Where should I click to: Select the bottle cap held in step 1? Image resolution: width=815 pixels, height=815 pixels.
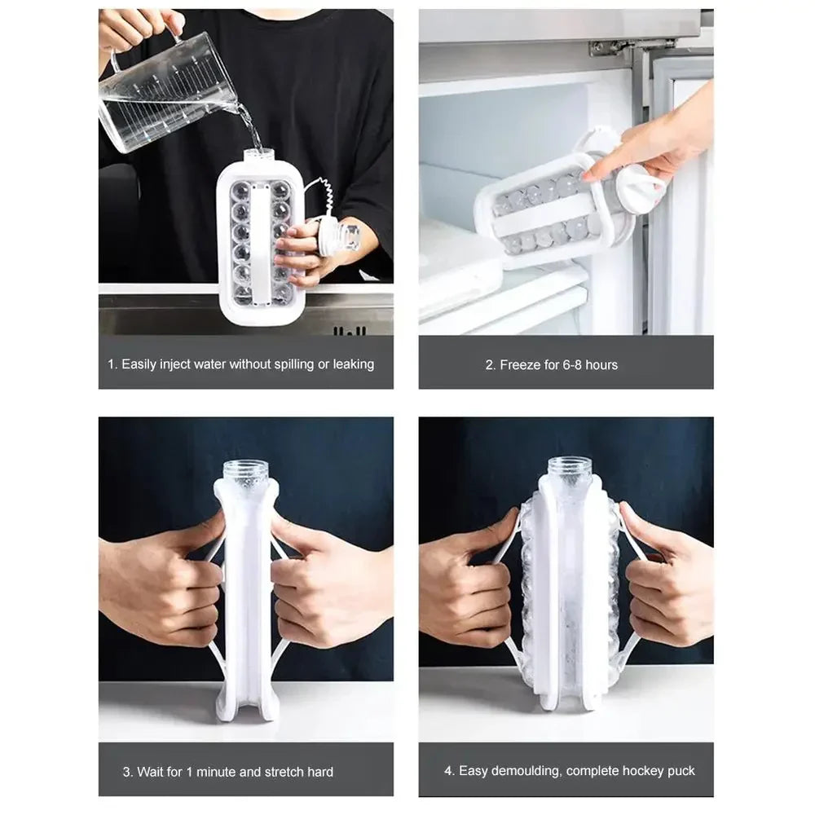click(341, 237)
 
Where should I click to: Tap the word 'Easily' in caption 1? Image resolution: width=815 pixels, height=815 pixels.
click(139, 364)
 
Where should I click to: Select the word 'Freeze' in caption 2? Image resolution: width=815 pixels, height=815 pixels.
click(520, 365)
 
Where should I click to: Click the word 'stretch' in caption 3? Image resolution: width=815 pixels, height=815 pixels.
click(284, 772)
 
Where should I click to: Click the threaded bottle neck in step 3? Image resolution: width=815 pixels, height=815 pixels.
click(246, 471)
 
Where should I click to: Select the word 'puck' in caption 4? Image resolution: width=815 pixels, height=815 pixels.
click(681, 771)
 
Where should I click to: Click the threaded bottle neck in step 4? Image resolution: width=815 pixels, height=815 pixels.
click(570, 468)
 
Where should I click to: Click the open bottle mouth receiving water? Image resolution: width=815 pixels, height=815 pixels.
click(259, 153)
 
